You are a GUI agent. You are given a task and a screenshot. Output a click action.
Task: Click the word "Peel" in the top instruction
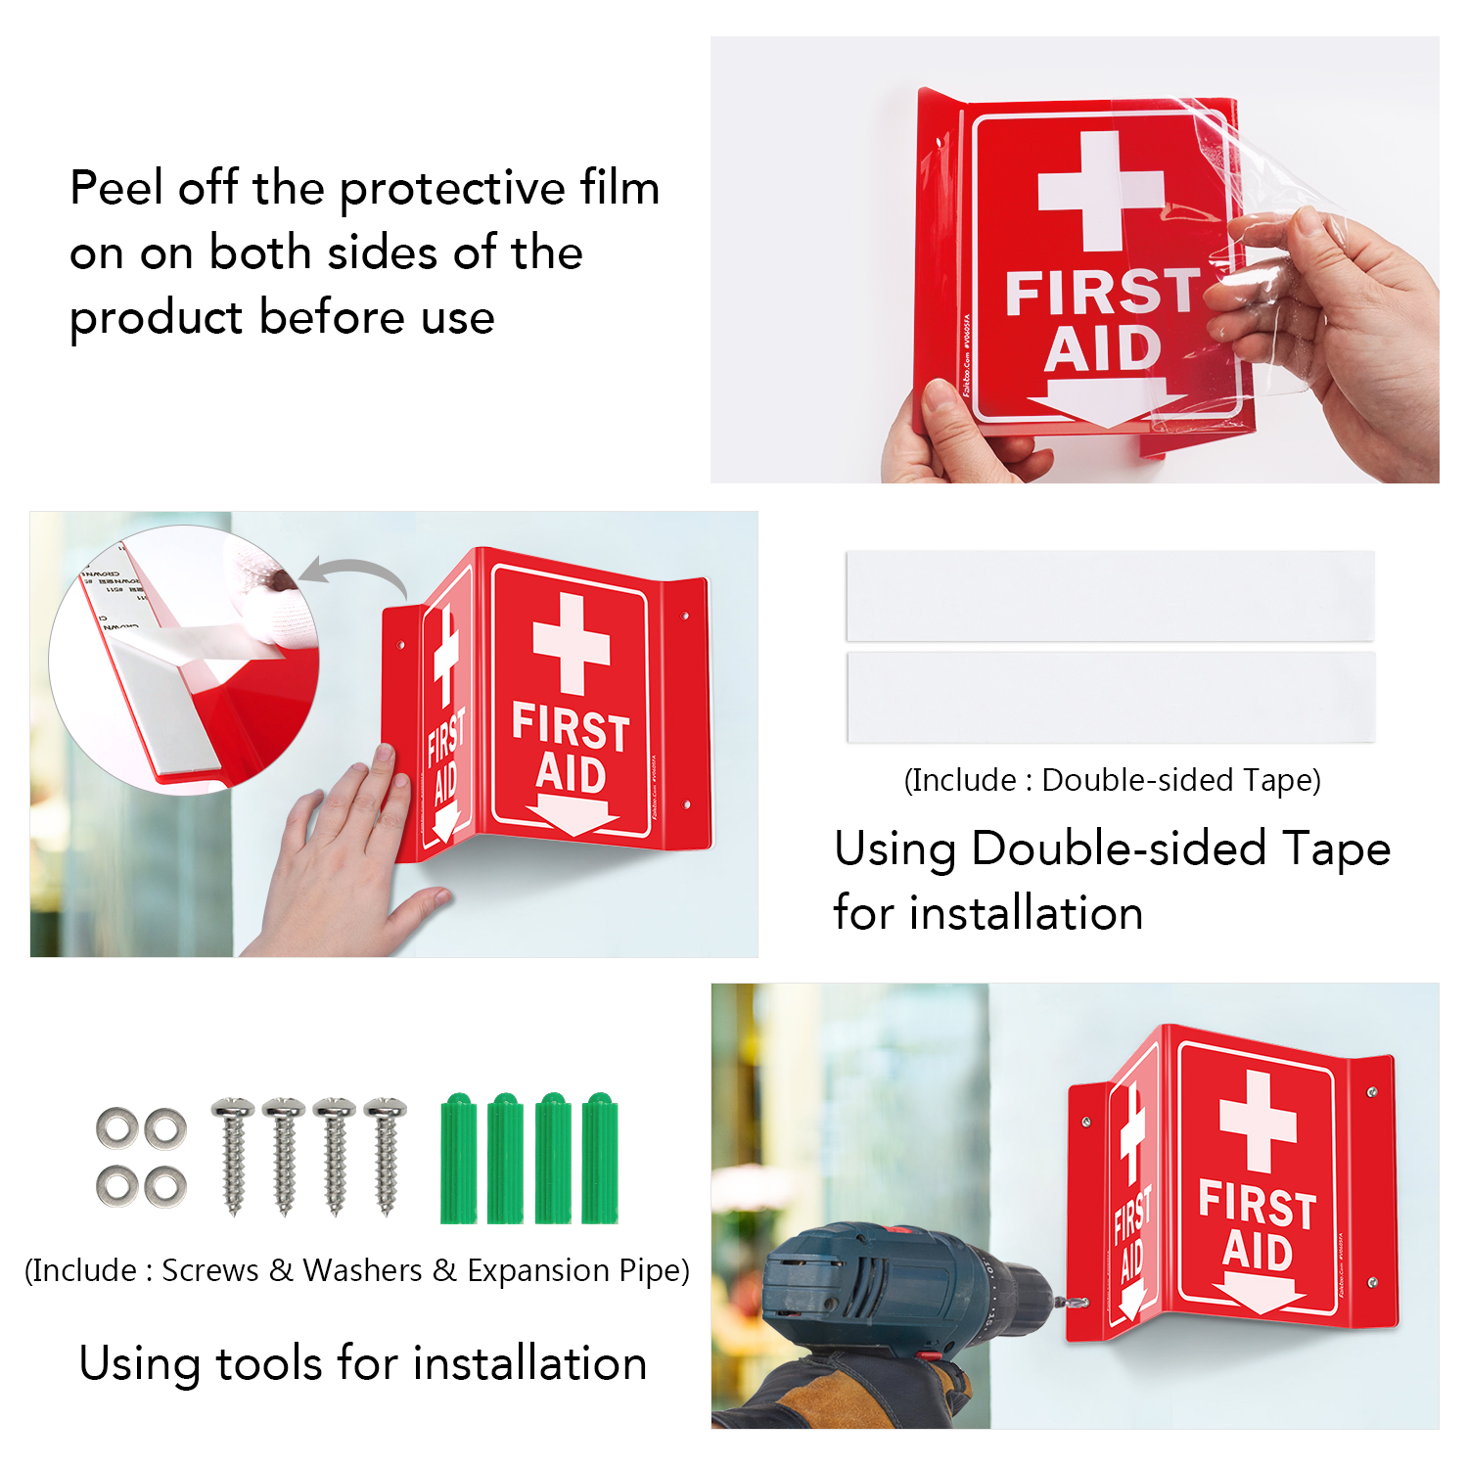click(x=115, y=188)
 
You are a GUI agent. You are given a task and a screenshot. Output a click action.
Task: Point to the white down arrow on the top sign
click(x=1106, y=401)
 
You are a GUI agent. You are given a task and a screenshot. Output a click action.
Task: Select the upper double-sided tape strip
click(x=1110, y=596)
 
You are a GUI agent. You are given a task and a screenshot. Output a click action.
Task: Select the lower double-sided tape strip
click(x=1110, y=697)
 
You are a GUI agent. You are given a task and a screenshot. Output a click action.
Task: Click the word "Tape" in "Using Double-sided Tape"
click(x=1336, y=849)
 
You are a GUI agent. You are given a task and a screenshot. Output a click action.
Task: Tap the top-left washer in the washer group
click(x=116, y=1128)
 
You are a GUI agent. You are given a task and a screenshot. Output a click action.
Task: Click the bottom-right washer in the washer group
click(x=165, y=1187)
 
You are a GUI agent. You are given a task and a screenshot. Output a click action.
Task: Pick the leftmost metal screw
click(x=233, y=1155)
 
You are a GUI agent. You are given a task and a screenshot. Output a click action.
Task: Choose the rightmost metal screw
click(x=386, y=1155)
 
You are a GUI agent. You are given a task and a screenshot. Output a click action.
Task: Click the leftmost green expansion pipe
click(x=458, y=1160)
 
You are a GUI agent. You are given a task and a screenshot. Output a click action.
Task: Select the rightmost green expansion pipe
click(x=600, y=1160)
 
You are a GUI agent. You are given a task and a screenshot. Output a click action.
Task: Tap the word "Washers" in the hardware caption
click(x=362, y=1270)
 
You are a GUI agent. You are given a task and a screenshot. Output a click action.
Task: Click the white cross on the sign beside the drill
click(x=1258, y=1121)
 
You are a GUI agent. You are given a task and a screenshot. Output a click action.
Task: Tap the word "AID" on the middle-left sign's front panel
click(x=571, y=774)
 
